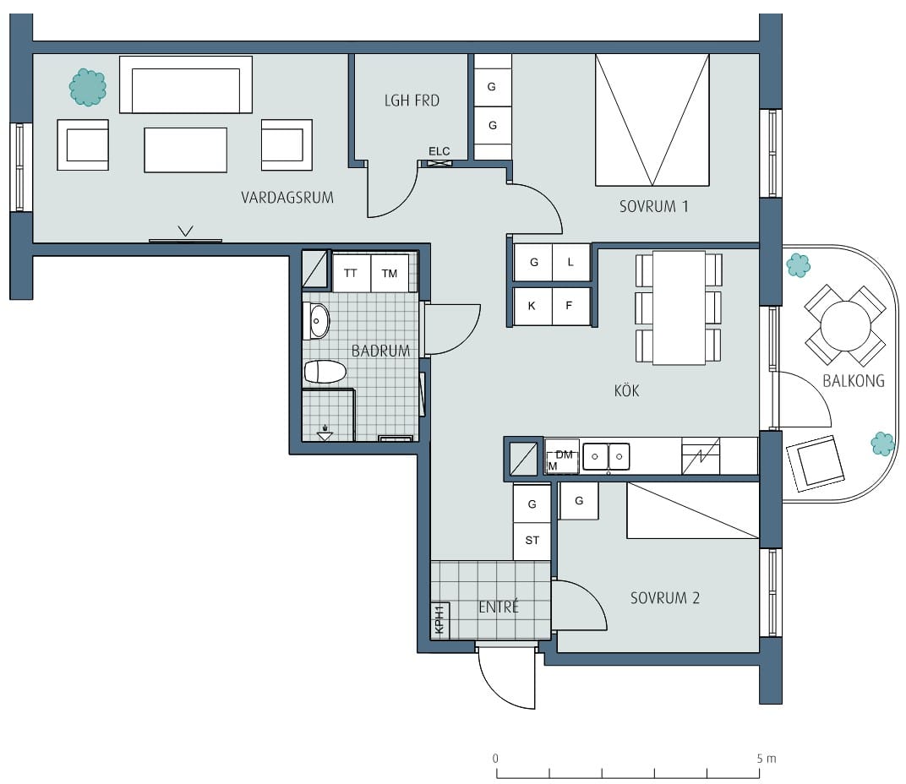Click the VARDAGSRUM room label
click(x=287, y=198)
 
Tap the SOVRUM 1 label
click(x=654, y=206)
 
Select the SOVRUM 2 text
click(x=665, y=598)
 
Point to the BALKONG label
click(x=854, y=381)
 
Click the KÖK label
click(x=627, y=390)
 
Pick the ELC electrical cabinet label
click(x=439, y=151)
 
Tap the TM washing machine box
click(x=390, y=273)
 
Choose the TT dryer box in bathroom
click(x=351, y=273)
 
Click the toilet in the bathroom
click(x=325, y=372)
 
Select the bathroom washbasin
click(x=316, y=321)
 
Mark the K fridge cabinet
click(x=532, y=306)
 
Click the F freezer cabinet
click(x=570, y=306)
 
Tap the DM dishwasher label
click(x=564, y=455)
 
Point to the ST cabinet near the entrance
click(x=532, y=541)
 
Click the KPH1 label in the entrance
click(x=439, y=620)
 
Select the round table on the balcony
click(x=845, y=325)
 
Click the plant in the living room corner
click(x=88, y=87)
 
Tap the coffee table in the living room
click(x=185, y=150)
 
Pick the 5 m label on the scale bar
click(x=767, y=759)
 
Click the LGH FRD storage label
click(x=412, y=101)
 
